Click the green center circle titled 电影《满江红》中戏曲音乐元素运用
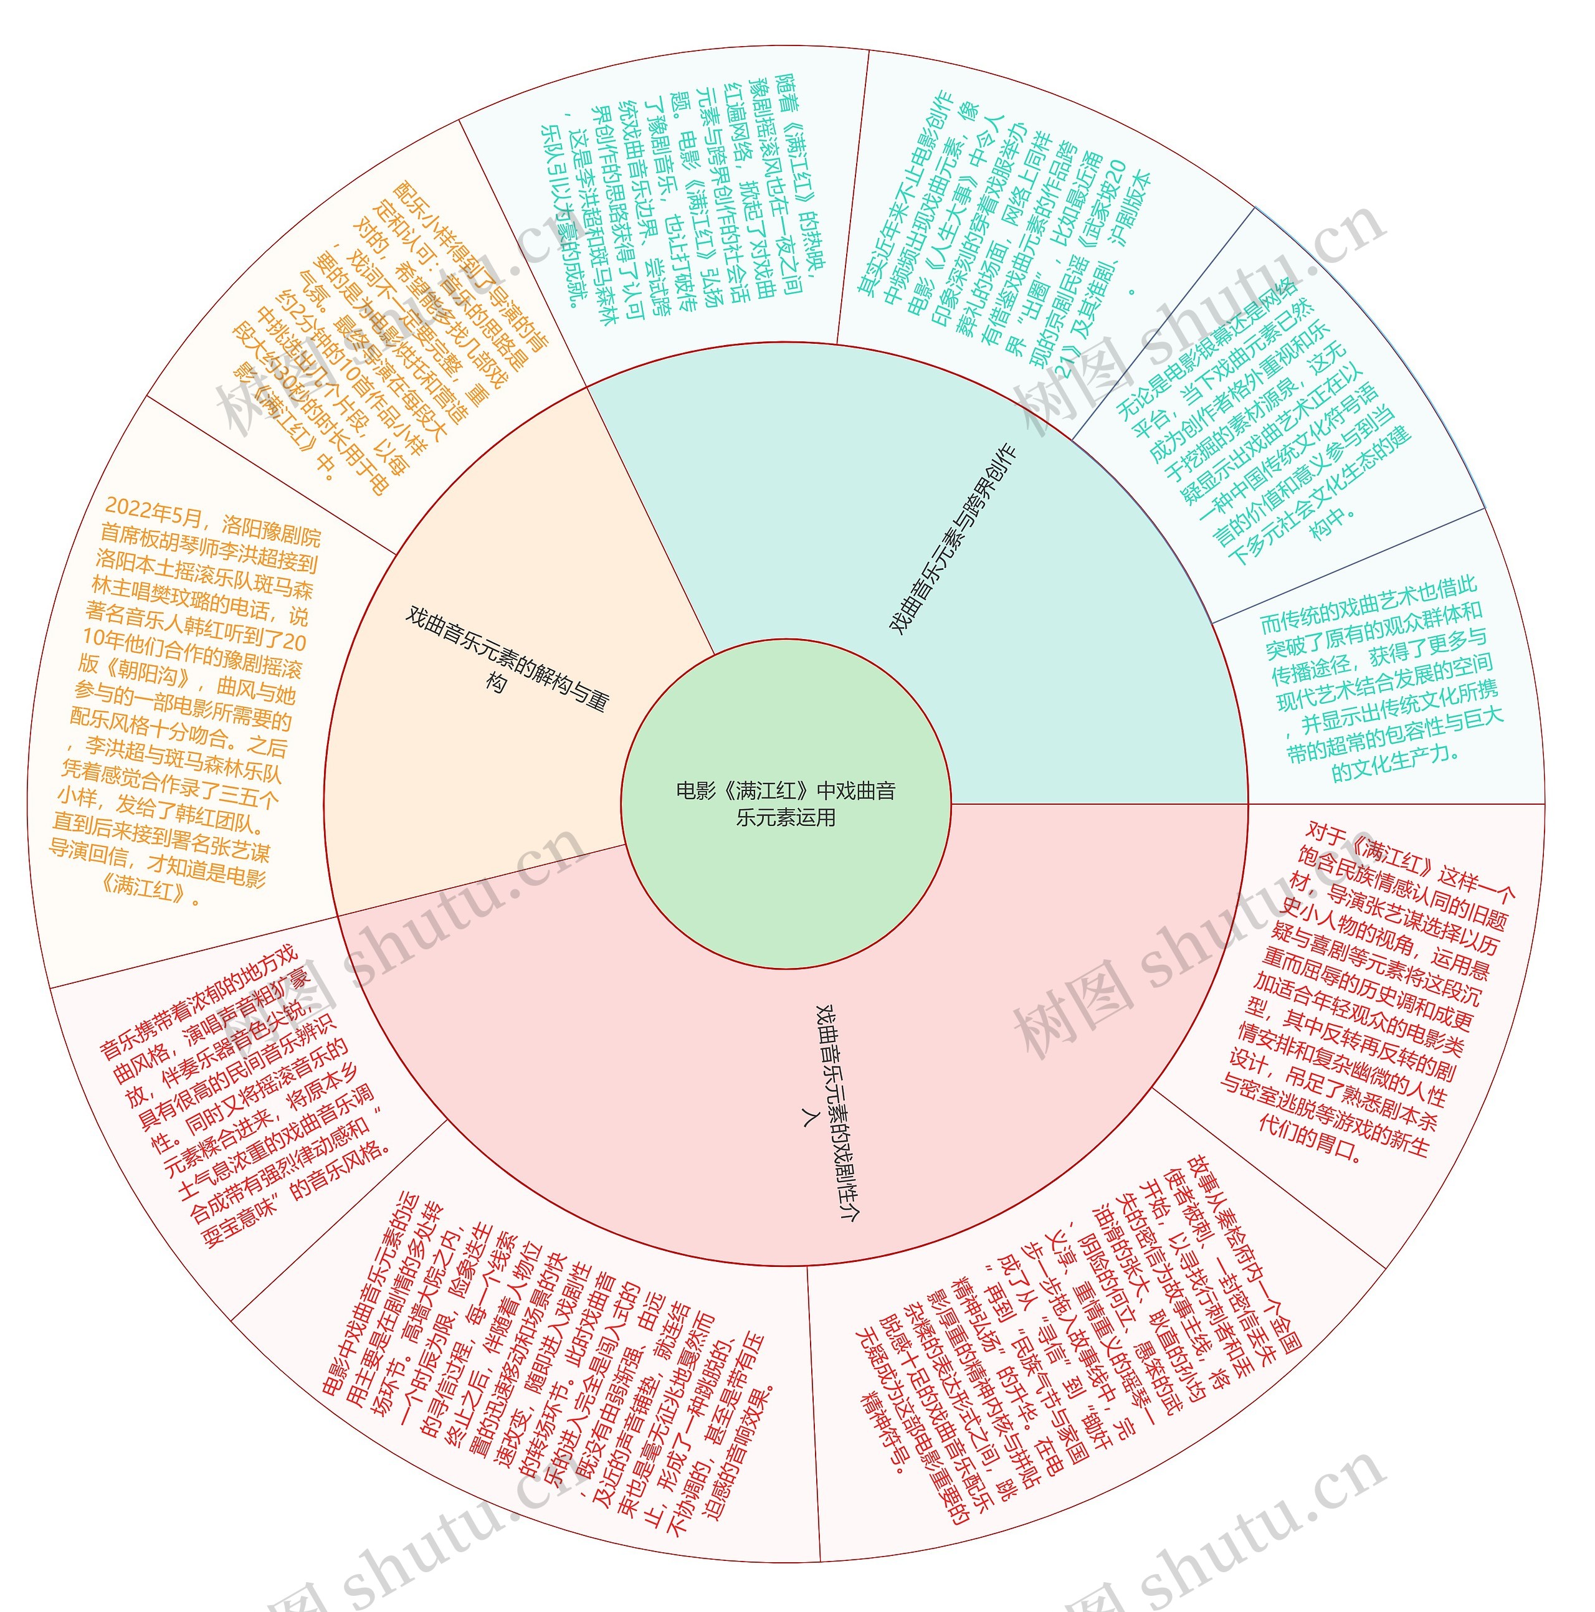click(786, 803)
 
